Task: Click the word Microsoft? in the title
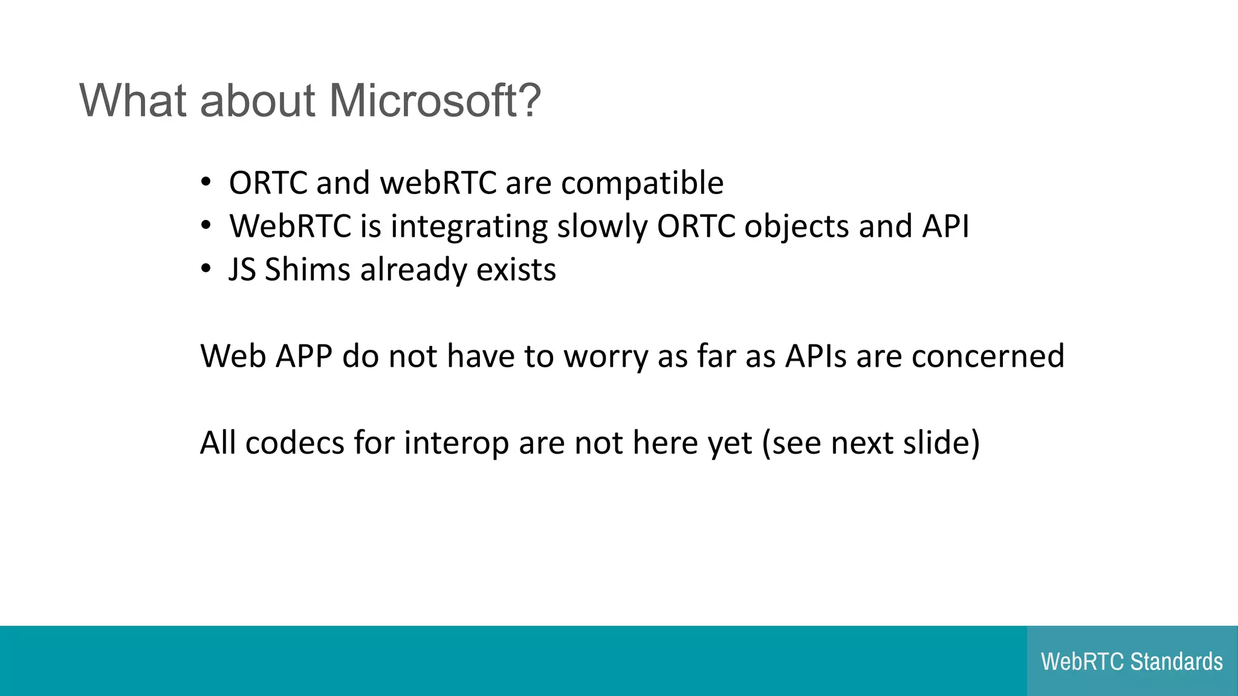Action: tap(435, 100)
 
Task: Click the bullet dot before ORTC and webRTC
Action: tap(206, 182)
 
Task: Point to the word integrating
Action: tap(469, 227)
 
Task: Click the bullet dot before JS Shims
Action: tap(206, 268)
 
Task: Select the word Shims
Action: tap(307, 269)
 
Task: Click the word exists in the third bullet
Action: tap(516, 269)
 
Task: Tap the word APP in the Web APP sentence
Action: tap(304, 356)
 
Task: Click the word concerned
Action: tap(988, 356)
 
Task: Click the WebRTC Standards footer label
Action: tap(1132, 662)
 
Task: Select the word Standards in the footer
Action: tap(1176, 662)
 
